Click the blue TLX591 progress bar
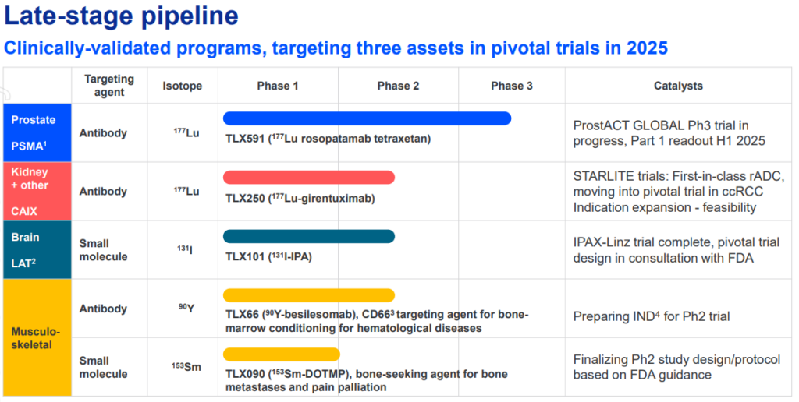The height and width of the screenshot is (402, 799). pyautogui.click(x=367, y=118)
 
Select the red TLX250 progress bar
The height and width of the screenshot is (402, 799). pyautogui.click(x=309, y=177)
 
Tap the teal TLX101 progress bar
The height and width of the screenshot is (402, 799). pyautogui.click(x=309, y=236)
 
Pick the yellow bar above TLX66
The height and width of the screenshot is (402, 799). pyautogui.click(x=309, y=295)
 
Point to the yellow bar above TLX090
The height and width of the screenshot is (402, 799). pyautogui.click(x=281, y=354)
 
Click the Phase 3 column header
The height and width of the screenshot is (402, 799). pyautogui.click(x=512, y=86)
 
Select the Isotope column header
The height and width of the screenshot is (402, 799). pyautogui.click(x=183, y=86)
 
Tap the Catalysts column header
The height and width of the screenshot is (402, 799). pyautogui.click(x=678, y=86)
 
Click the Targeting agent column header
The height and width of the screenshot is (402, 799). pyautogui.click(x=109, y=86)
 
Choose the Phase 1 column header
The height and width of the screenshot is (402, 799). pyautogui.click(x=278, y=86)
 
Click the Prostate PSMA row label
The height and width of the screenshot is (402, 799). pyautogui.click(x=37, y=132)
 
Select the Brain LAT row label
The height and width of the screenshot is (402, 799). pyautogui.click(x=37, y=250)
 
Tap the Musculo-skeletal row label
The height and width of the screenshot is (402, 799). pyautogui.click(x=36, y=338)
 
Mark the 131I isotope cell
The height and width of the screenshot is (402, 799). pyautogui.click(x=184, y=250)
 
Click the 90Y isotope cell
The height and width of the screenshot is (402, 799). pyautogui.click(x=186, y=308)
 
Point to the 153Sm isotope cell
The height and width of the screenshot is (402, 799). pyautogui.click(x=186, y=367)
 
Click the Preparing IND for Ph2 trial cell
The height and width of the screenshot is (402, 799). pyautogui.click(x=652, y=316)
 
